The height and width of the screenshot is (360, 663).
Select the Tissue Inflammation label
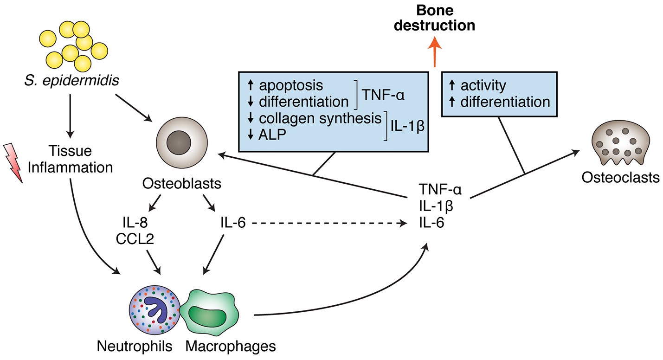[x=70, y=159]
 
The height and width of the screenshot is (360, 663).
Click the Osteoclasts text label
[x=621, y=177]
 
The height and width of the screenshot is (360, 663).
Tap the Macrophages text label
[x=231, y=346]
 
